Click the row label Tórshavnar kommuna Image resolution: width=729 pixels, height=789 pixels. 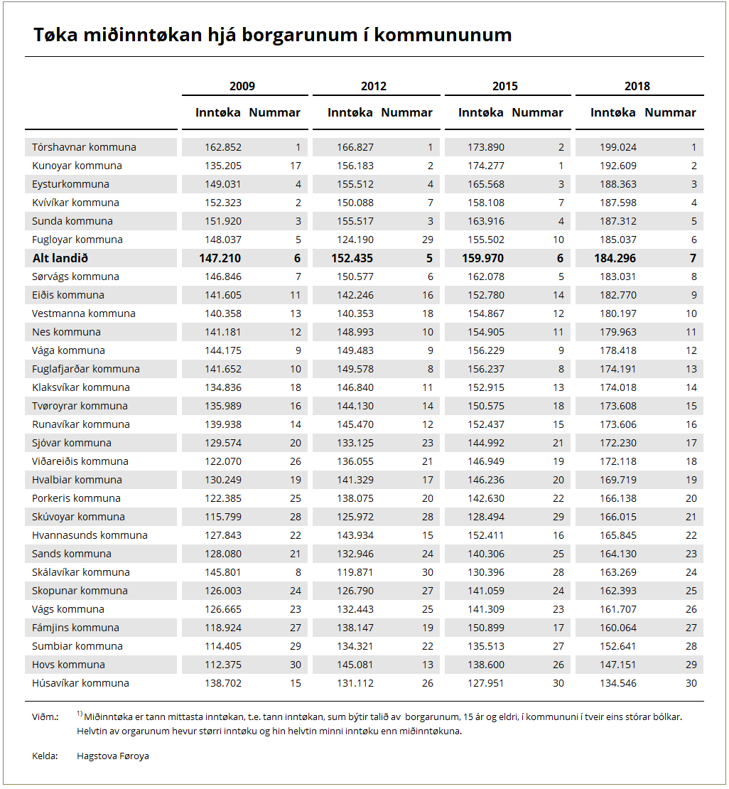coord(84,147)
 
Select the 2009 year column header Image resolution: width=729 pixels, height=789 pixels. coord(242,86)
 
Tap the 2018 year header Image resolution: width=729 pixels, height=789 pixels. coord(637,86)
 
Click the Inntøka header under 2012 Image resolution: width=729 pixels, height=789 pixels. coord(350,112)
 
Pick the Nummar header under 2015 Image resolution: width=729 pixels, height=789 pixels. coord(538,112)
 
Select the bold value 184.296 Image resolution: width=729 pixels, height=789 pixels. coord(615,258)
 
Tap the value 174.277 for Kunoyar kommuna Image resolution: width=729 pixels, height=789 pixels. coord(487,166)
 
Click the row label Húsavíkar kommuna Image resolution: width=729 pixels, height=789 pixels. coord(80,683)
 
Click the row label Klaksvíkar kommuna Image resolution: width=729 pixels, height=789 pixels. coord(81,387)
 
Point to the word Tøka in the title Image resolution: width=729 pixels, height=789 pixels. coord(53,35)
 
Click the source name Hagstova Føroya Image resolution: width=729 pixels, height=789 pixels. coord(113,756)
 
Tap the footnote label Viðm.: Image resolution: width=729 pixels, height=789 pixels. coord(45,716)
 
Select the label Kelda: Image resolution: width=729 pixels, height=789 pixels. coord(45,756)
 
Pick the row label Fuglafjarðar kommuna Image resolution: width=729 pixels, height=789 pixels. coord(86,369)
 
